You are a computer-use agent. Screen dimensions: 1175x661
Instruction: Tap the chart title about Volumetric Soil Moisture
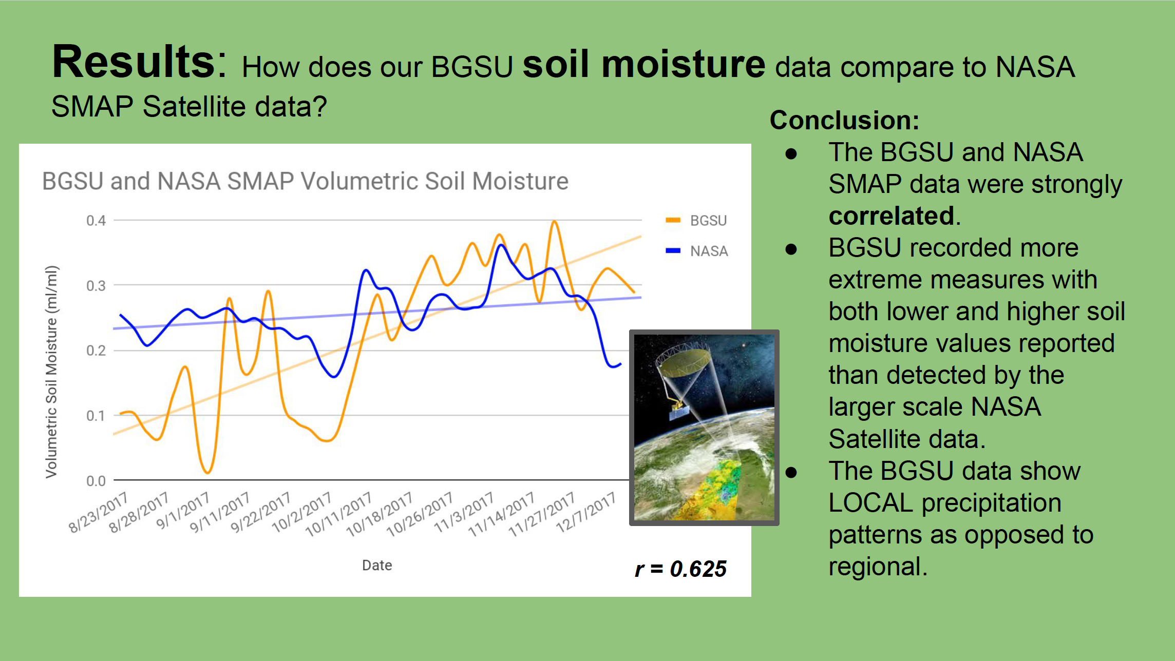point(305,181)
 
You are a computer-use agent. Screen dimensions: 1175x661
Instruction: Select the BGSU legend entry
point(696,221)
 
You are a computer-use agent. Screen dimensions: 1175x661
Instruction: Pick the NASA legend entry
point(696,251)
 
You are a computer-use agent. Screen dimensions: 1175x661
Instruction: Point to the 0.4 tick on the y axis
point(96,221)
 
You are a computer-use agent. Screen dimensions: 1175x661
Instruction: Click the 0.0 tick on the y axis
point(96,481)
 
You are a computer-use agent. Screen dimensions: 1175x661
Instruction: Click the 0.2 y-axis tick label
point(96,351)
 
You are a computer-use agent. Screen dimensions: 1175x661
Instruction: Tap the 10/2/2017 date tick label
point(302,512)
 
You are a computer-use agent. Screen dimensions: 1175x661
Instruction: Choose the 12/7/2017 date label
point(586,512)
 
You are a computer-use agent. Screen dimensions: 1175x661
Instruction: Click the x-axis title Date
point(377,565)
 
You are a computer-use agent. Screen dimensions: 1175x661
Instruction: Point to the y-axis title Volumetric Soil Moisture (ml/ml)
point(51,372)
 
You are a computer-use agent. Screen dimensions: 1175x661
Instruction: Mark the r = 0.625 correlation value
point(680,569)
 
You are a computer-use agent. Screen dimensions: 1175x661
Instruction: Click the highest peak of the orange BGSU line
point(554,222)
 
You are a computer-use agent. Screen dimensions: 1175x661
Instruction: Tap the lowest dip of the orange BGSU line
point(207,472)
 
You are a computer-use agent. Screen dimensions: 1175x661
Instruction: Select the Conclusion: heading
point(844,120)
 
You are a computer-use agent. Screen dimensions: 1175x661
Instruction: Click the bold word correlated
point(892,216)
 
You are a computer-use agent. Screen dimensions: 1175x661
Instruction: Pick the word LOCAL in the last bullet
point(871,502)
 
